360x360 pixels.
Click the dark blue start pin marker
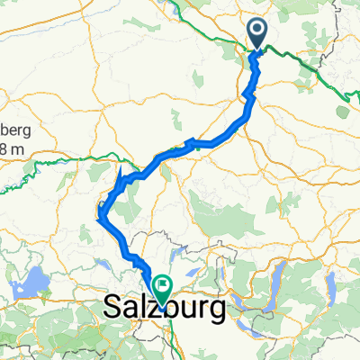click(x=258, y=34)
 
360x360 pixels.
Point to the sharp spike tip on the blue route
click(x=121, y=167)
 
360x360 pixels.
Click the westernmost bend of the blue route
click(x=100, y=213)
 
